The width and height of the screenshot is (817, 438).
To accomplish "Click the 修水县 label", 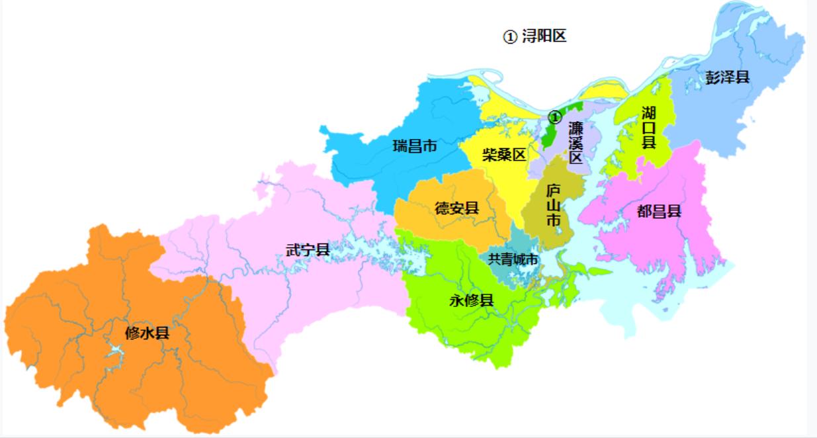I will point(147,333).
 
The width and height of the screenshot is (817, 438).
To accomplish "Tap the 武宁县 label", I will point(308,250).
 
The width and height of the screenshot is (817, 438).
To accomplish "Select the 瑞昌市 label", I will point(414,147).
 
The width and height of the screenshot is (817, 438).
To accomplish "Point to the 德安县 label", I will point(456,208).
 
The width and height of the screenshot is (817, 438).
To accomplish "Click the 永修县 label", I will point(472,300).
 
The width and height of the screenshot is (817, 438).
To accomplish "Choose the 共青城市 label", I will point(513,259).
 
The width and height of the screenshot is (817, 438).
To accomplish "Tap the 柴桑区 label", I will point(504,155).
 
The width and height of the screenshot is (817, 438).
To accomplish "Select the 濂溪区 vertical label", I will point(576,143).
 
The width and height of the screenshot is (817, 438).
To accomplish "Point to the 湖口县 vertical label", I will point(649,126).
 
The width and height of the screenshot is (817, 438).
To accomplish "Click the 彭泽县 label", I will point(727,77).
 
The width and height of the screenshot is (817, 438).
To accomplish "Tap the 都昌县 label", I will point(659,212).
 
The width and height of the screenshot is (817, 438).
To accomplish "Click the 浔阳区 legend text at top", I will point(544,36).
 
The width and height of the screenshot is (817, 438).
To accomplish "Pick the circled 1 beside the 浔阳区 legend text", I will point(510,38).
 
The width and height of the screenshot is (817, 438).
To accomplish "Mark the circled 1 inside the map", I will point(555,118).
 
